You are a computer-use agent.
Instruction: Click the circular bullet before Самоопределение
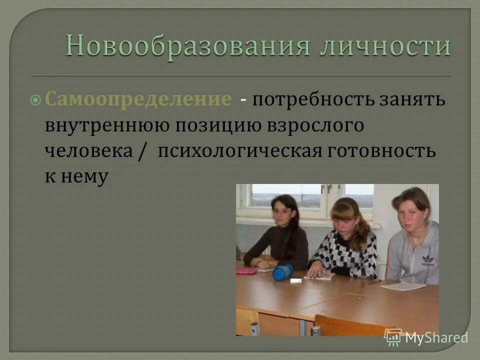point(36,100)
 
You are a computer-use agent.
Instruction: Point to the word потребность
point(313,99)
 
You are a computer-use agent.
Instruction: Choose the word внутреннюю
point(105,125)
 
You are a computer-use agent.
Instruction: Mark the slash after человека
point(141,151)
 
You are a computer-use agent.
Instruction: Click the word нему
point(86,177)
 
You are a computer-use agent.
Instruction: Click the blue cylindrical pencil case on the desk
point(283,272)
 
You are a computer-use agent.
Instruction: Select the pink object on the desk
point(246,270)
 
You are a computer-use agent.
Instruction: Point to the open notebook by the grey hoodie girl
point(402,286)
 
